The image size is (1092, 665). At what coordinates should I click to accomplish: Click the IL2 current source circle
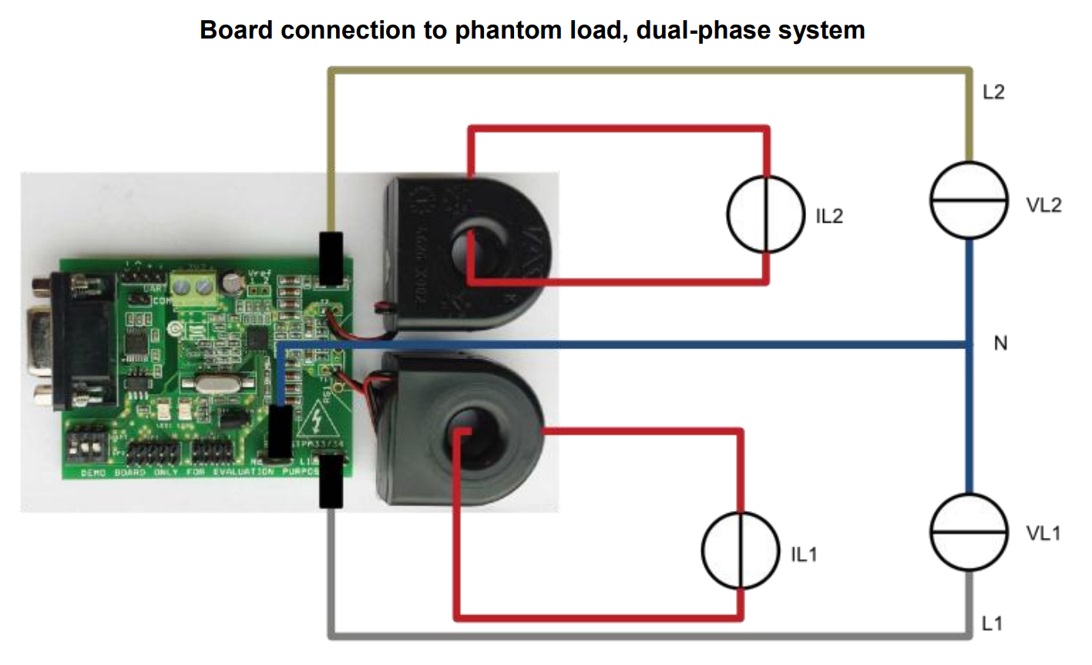pyautogui.click(x=765, y=214)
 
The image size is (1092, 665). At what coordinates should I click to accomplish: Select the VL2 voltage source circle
pyautogui.click(x=969, y=200)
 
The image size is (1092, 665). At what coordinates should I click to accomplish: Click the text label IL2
pyautogui.click(x=829, y=217)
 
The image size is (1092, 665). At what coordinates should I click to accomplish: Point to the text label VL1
pyautogui.click(x=1043, y=533)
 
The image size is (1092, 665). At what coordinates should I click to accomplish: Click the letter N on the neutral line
pyautogui.click(x=1000, y=344)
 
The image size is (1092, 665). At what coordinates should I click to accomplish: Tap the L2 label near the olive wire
pyautogui.click(x=994, y=92)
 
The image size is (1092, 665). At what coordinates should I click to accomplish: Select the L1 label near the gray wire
pyautogui.click(x=993, y=623)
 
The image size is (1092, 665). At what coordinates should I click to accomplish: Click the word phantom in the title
pyautogui.click(x=507, y=30)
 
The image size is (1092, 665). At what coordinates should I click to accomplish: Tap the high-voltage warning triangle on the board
pyautogui.click(x=317, y=421)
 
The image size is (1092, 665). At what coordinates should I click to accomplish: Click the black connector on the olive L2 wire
pyautogui.click(x=331, y=257)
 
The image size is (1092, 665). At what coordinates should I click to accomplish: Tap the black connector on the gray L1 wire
pyautogui.click(x=331, y=482)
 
